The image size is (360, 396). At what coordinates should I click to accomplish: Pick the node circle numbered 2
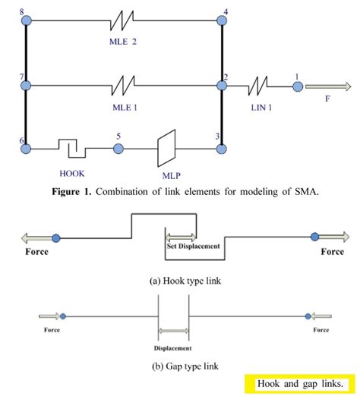pyautogui.click(x=222, y=86)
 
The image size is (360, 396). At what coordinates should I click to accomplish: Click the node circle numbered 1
pyautogui.click(x=298, y=86)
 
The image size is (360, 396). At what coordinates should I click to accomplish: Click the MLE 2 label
pyautogui.click(x=124, y=42)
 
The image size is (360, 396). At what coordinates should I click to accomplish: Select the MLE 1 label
pyautogui.click(x=124, y=106)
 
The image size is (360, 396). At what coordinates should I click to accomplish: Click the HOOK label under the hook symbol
pyautogui.click(x=73, y=173)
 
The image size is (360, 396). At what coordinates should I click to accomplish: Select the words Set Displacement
pyautogui.click(x=193, y=246)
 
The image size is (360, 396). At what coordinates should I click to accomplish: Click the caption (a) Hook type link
pyautogui.click(x=180, y=280)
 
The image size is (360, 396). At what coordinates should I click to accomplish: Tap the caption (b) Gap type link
pyautogui.click(x=180, y=366)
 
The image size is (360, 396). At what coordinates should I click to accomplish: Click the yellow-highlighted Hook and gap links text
pyautogui.click(x=301, y=382)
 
